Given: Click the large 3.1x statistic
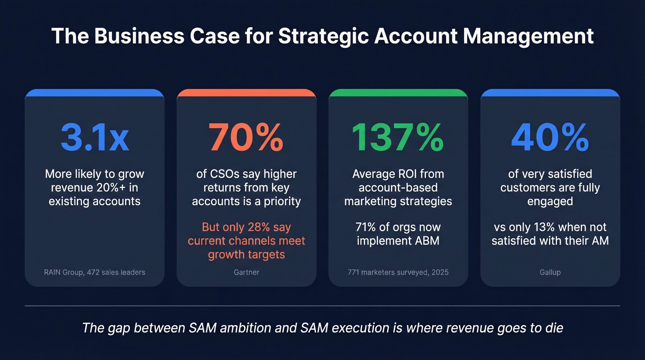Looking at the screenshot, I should (x=94, y=137).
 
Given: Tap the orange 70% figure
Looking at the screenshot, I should (x=246, y=137).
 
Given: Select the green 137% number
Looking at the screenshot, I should (x=398, y=137).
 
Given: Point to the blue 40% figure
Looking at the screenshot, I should (x=550, y=137).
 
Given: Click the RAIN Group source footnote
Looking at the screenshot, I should (x=94, y=272).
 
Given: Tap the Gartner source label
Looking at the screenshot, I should (x=246, y=272).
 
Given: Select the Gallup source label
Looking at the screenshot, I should (x=550, y=272).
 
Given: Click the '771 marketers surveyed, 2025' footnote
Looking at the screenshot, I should (x=398, y=272).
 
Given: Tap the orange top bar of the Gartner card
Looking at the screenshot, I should (x=246, y=93).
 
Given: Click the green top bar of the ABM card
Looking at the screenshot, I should (x=398, y=93).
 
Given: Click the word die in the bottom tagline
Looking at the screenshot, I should (x=553, y=328).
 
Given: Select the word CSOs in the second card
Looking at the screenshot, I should (x=224, y=174).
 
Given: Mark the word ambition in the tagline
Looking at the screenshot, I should (x=236, y=328).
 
